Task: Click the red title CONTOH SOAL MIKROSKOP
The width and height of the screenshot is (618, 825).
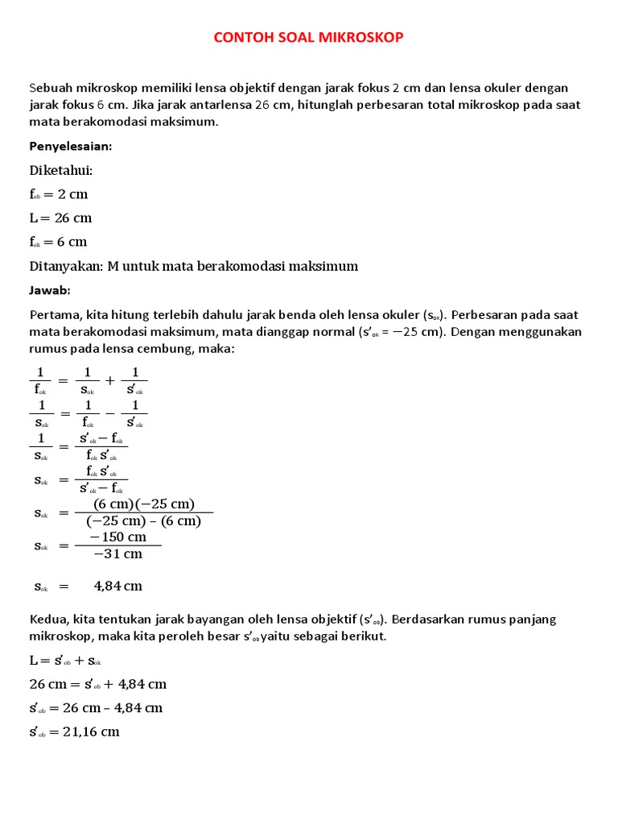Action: pyautogui.click(x=309, y=37)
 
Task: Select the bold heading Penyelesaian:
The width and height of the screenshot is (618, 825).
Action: pyautogui.click(x=70, y=146)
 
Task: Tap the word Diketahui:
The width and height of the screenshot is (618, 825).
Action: pyautogui.click(x=61, y=170)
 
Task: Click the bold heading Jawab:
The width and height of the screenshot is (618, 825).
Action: pyautogui.click(x=51, y=290)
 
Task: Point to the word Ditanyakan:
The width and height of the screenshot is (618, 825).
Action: pyautogui.click(x=64, y=266)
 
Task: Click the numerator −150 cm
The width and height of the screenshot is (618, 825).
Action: pyautogui.click(x=117, y=537)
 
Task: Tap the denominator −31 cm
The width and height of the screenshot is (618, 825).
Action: pyautogui.click(x=117, y=553)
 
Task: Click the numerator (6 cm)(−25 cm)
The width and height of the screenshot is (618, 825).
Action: pyautogui.click(x=144, y=504)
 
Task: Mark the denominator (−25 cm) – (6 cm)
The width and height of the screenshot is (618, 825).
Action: pyautogui.click(x=144, y=521)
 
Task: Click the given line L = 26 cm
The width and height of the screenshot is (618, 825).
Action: pyautogui.click(x=60, y=218)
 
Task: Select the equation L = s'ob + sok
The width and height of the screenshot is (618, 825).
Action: pyautogui.click(x=65, y=660)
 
